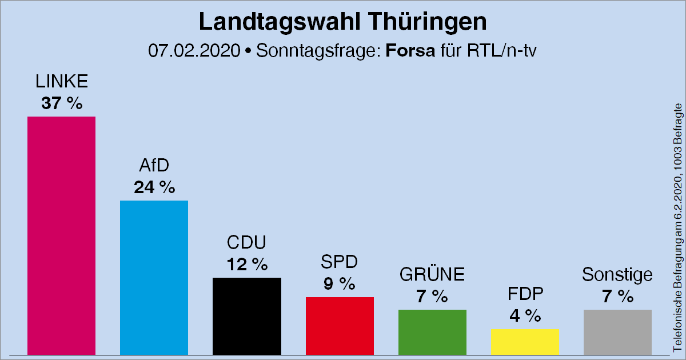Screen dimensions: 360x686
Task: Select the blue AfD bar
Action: pyautogui.click(x=154, y=278)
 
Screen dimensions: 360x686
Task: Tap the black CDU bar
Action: pyautogui.click(x=246, y=316)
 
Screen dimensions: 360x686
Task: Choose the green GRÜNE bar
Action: pyautogui.click(x=432, y=332)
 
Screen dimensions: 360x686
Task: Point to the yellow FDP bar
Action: pyautogui.click(x=525, y=341)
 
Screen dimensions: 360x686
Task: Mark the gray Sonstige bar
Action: pyautogui.click(x=617, y=332)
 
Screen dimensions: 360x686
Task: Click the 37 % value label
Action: pyautogui.click(x=61, y=103)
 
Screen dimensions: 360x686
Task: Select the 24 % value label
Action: pyautogui.click(x=154, y=187)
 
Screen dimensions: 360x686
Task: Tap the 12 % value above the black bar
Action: pyautogui.click(x=246, y=265)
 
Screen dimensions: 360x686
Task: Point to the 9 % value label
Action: pyautogui.click(x=340, y=284)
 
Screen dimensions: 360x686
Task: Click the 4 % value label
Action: pyautogui.click(x=525, y=315)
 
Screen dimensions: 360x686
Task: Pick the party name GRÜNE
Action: pyautogui.click(x=432, y=275)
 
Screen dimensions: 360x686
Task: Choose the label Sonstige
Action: pyautogui.click(x=617, y=275)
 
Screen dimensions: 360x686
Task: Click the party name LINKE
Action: pyautogui.click(x=61, y=82)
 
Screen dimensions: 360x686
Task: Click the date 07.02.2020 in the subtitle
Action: pyautogui.click(x=193, y=50)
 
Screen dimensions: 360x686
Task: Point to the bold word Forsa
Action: pyautogui.click(x=410, y=50)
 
